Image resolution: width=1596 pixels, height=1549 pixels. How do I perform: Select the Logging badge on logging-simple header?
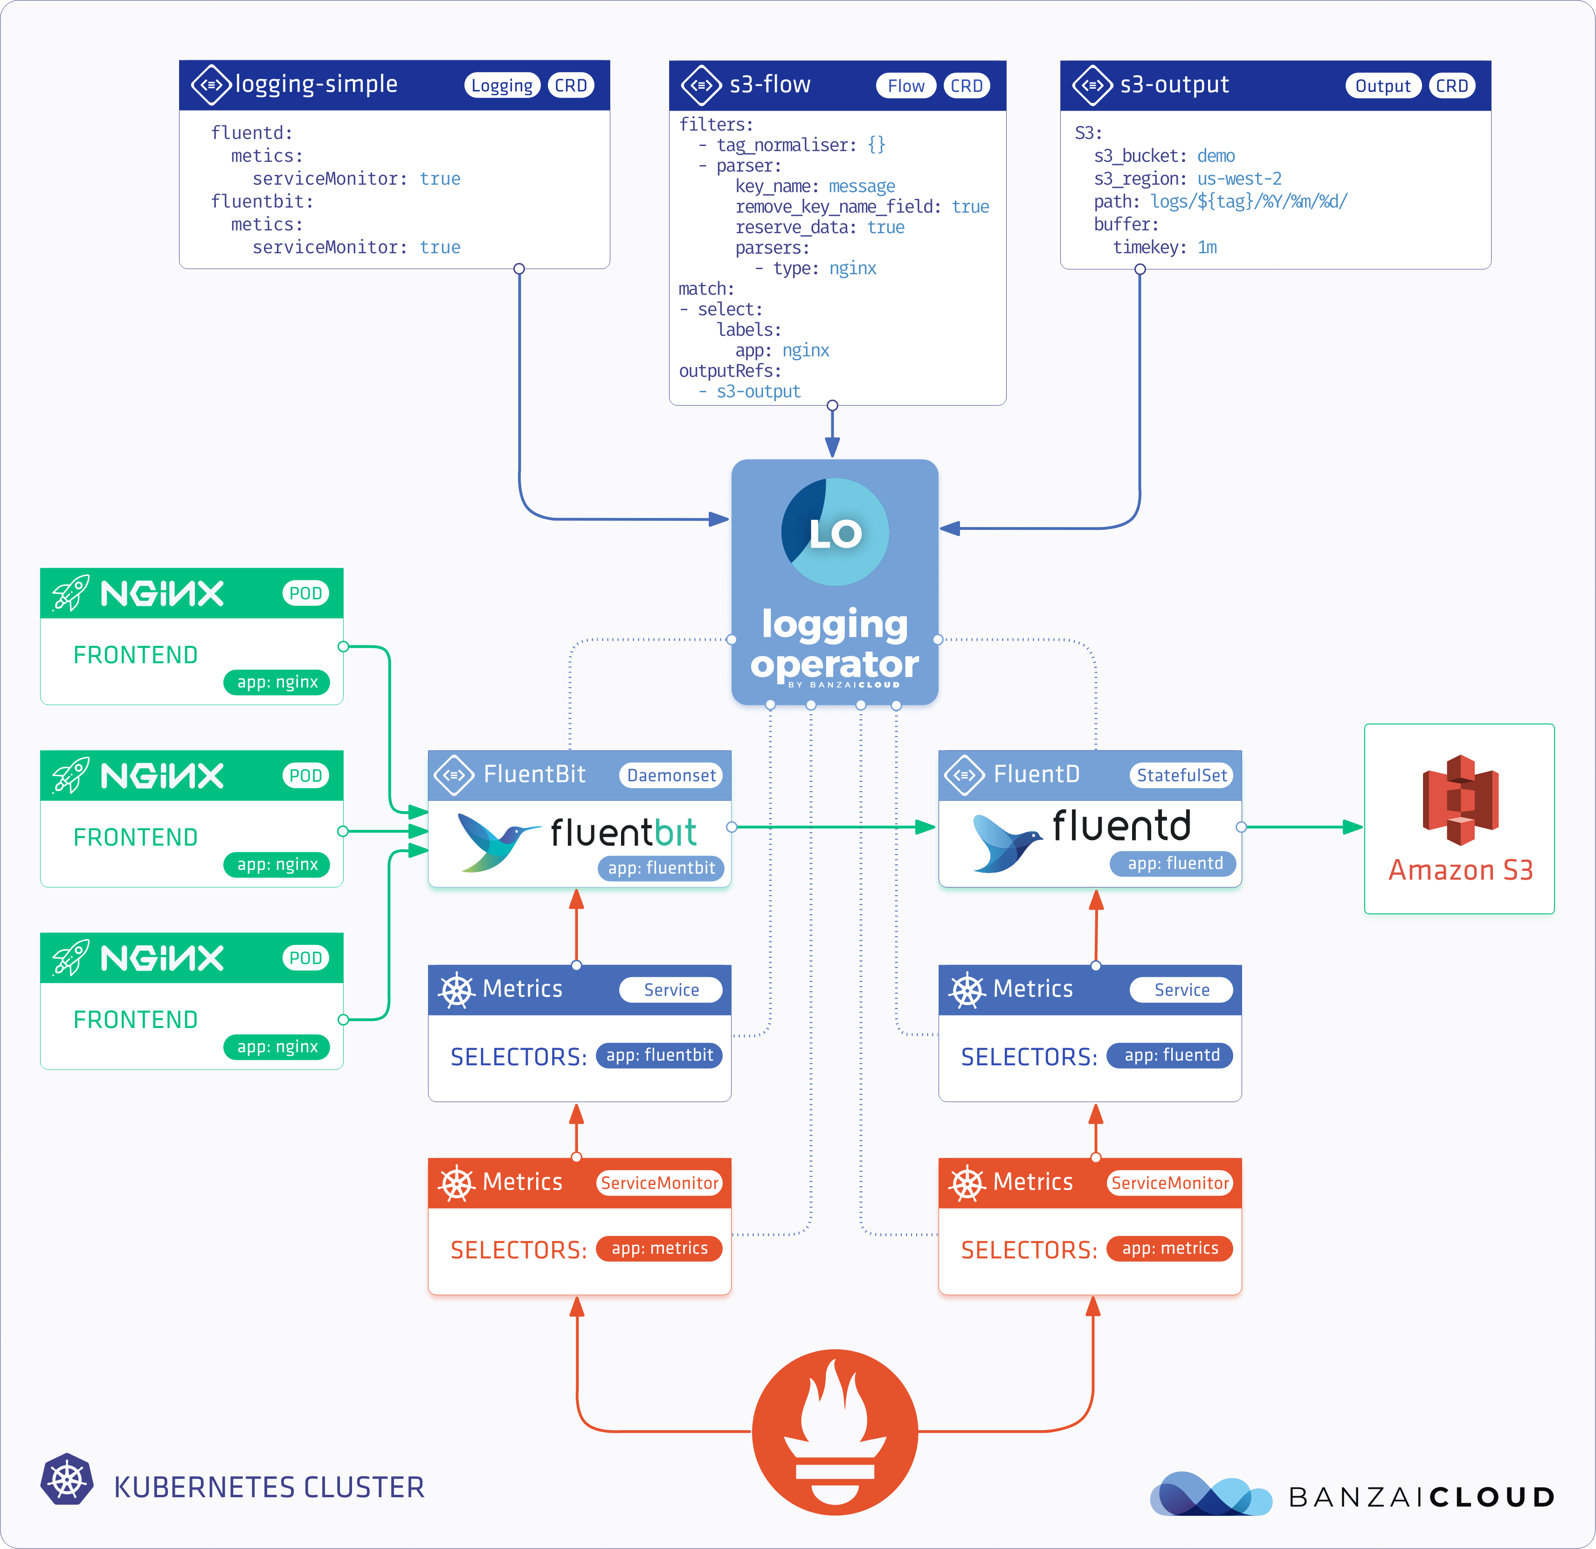[502, 85]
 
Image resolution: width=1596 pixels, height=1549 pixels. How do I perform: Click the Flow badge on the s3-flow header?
[905, 85]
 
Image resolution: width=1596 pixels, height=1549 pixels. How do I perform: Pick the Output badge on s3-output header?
[1382, 85]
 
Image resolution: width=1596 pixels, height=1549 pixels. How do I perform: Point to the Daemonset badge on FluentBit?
[671, 775]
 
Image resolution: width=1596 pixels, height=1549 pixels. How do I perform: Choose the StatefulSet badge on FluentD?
[1181, 775]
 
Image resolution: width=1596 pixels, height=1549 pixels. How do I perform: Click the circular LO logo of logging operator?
[835, 532]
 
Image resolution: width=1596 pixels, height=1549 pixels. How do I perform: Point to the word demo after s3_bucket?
[1216, 155]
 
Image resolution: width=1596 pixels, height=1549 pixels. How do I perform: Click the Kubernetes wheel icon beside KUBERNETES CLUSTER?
[67, 1478]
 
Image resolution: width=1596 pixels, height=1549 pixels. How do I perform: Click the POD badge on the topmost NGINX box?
[305, 593]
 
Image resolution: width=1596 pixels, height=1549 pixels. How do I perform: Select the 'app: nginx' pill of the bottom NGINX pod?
[277, 1047]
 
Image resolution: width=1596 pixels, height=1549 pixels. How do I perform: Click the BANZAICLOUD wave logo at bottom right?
[1210, 1494]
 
